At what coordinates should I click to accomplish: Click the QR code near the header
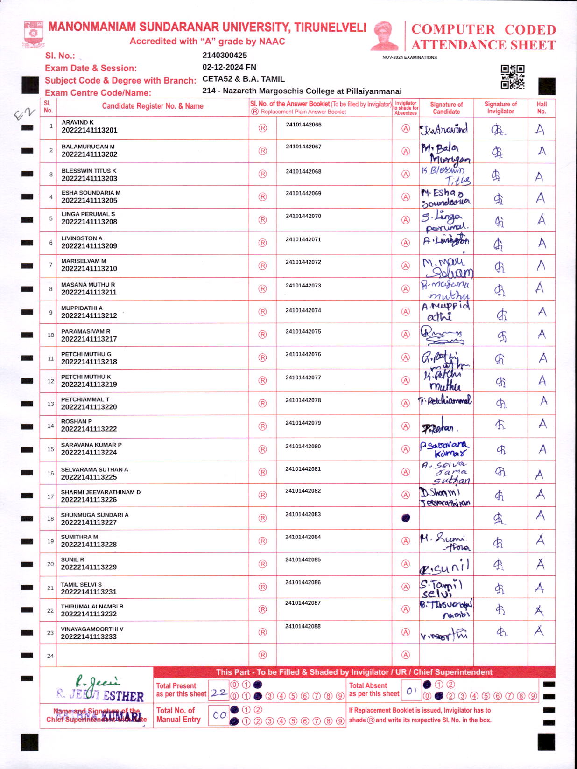click(513, 77)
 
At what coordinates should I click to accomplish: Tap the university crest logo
click(33, 34)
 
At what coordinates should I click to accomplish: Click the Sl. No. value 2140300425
click(225, 55)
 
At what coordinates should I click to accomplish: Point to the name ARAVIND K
click(77, 122)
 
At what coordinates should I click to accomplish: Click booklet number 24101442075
click(303, 332)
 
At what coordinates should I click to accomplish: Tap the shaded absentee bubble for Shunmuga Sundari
click(406, 518)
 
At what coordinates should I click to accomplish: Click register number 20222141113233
click(89, 636)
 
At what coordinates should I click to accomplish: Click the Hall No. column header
click(542, 107)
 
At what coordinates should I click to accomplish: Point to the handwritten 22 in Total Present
click(218, 693)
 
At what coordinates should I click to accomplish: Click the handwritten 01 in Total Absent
click(411, 691)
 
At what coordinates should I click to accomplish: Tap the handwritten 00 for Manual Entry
click(219, 715)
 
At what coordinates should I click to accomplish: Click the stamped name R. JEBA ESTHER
click(100, 695)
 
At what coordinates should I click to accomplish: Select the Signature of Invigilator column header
click(500, 107)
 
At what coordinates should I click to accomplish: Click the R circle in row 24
click(263, 655)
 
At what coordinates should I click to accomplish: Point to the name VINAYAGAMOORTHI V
click(92, 629)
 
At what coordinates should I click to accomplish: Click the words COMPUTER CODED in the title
click(483, 29)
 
